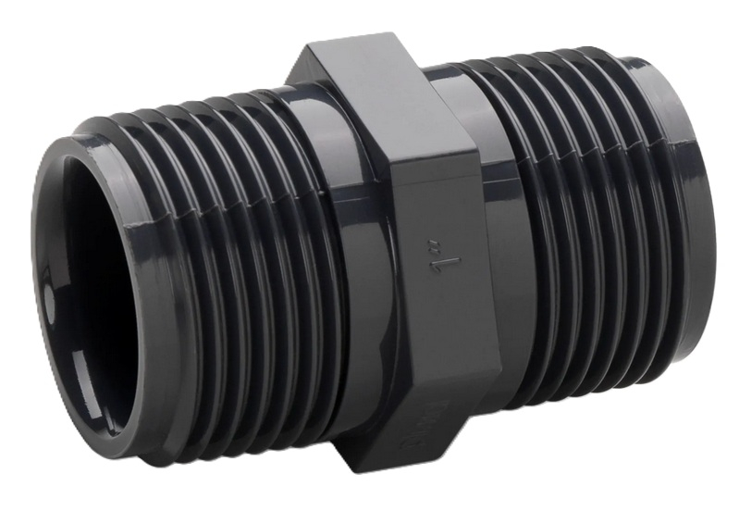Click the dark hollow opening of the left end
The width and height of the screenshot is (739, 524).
88,278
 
